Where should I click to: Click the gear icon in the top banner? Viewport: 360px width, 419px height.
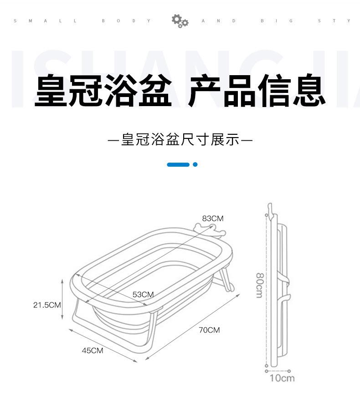point(180,21)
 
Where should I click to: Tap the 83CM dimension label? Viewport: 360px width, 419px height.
point(213,219)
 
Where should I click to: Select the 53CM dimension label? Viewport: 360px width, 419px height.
point(143,294)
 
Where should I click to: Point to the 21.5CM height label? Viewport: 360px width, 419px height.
point(47,305)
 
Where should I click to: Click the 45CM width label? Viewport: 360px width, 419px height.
point(93,350)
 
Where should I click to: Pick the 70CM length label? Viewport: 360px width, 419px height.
point(209,330)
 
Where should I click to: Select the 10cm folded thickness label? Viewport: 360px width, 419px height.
point(282,378)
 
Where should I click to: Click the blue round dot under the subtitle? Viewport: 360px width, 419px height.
point(195,164)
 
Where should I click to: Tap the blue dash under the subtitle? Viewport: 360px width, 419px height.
point(178,164)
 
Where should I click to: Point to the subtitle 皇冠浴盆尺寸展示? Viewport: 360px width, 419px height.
point(180,139)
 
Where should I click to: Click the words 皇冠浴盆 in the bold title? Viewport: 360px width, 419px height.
point(103,92)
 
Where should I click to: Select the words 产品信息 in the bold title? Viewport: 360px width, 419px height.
point(257,92)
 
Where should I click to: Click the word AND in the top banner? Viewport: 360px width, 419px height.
point(218,21)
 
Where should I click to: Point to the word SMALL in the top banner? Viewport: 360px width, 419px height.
point(45,21)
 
